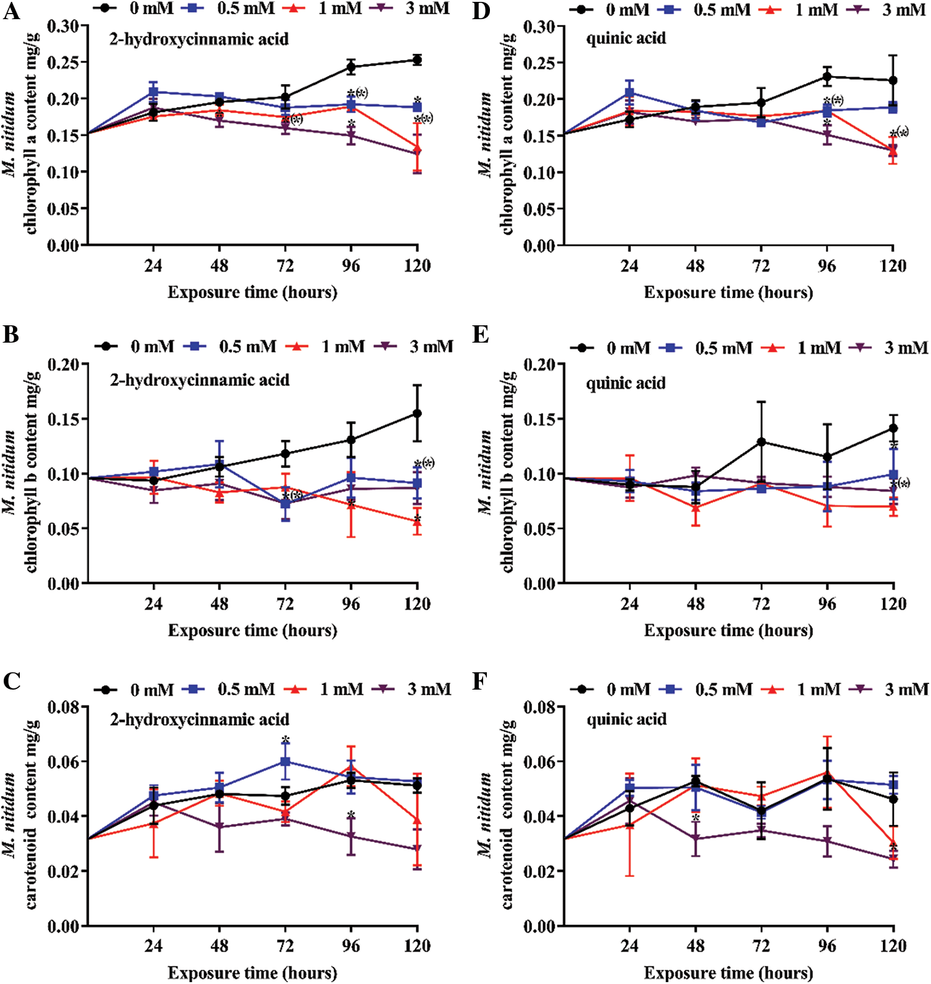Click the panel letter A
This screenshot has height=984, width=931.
click(11, 11)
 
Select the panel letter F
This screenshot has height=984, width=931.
click(481, 682)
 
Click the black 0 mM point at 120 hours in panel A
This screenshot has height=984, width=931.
click(417, 60)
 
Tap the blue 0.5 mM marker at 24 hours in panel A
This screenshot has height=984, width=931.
click(153, 92)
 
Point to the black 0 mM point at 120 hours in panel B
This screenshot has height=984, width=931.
click(417, 413)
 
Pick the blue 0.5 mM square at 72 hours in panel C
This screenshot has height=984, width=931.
click(285, 761)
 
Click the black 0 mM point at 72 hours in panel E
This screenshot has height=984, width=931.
click(761, 442)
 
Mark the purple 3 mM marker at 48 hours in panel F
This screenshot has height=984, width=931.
click(695, 839)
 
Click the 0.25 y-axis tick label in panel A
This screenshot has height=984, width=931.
click(64, 62)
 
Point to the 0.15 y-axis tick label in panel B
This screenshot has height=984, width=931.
click(64, 419)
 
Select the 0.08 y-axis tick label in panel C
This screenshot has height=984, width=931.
click(64, 707)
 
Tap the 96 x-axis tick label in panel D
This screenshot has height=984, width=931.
click(826, 267)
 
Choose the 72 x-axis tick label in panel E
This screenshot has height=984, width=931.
click(761, 604)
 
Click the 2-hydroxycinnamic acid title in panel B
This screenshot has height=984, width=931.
click(199, 380)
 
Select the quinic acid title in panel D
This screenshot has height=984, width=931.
click(626, 38)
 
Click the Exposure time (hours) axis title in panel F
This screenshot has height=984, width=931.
click(728, 973)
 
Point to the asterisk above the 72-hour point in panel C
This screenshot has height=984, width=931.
click(285, 740)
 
